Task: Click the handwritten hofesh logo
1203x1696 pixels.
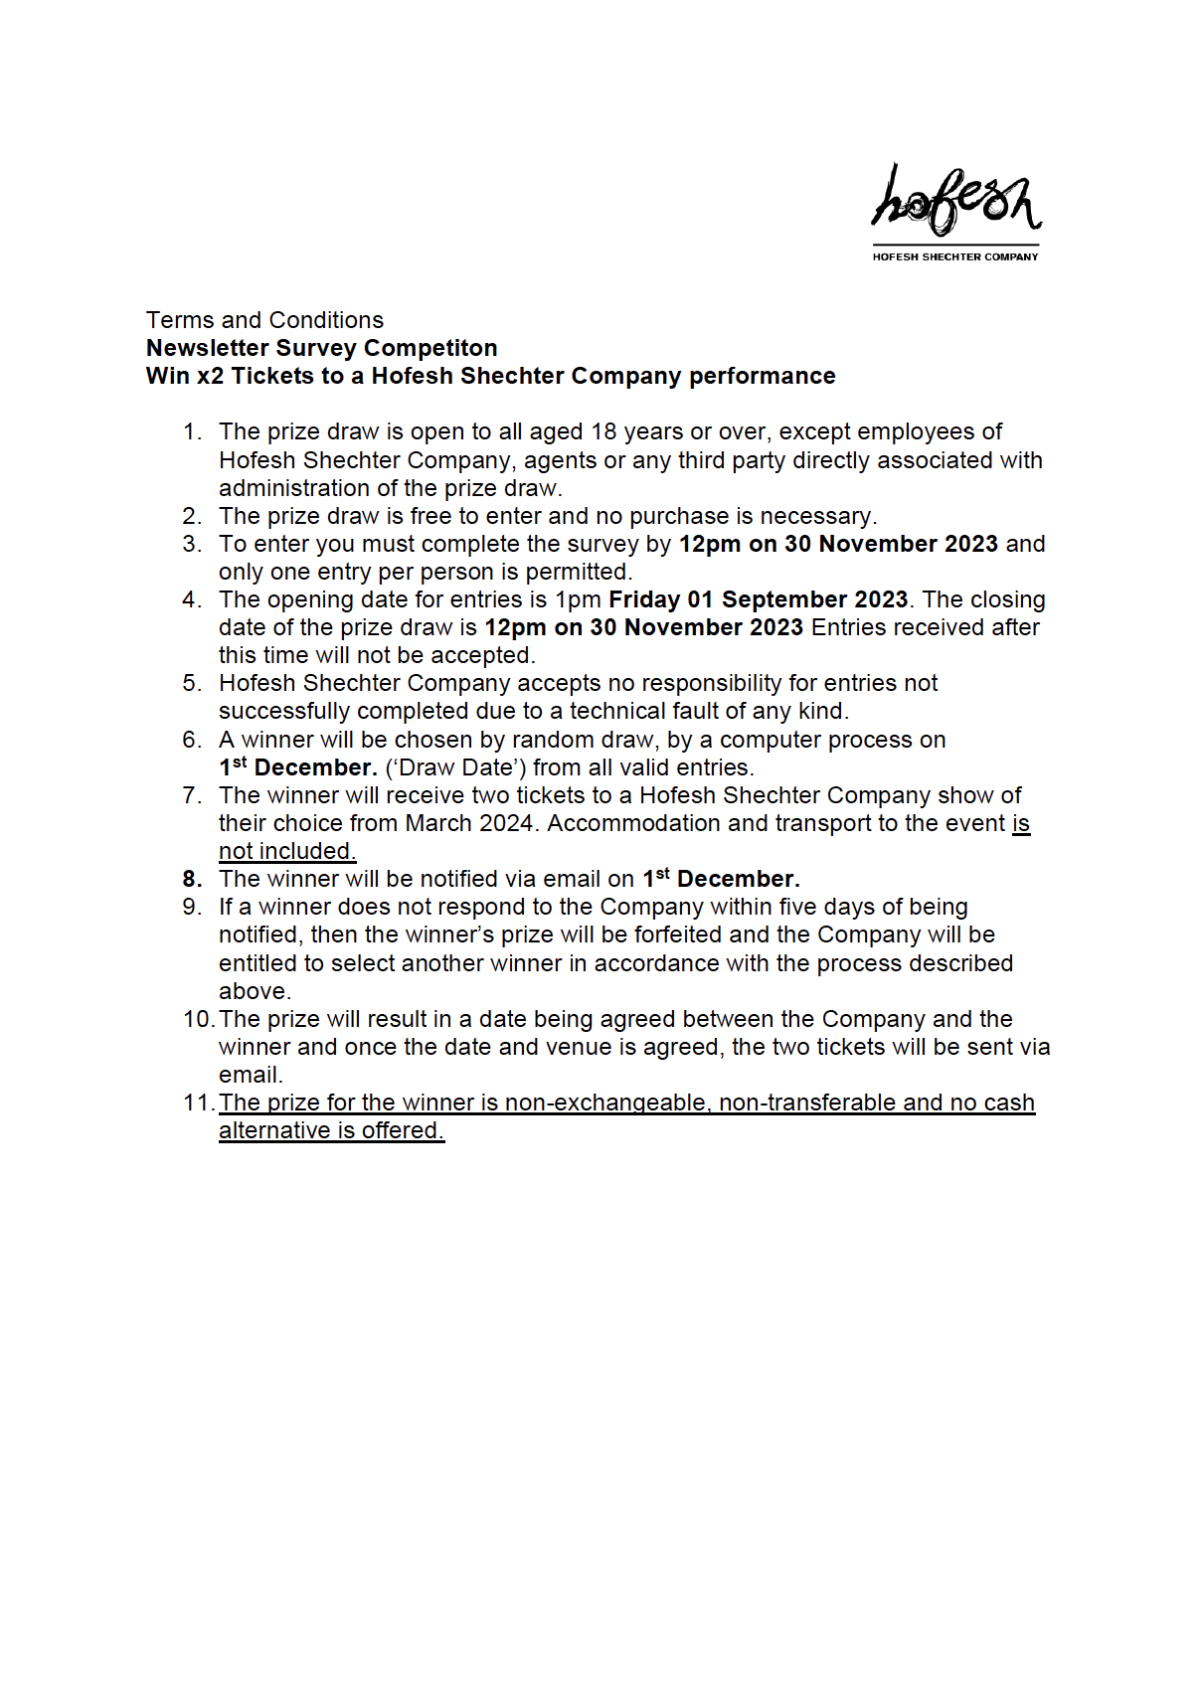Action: click(955, 201)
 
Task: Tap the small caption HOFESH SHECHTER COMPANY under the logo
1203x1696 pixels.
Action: click(955, 256)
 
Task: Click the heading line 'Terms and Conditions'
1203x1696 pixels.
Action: click(264, 320)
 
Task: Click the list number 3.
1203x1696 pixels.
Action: click(192, 544)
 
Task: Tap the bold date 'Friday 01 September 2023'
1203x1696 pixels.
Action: click(758, 599)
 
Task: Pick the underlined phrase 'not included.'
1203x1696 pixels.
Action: click(287, 851)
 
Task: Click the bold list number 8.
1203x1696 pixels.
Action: click(192, 879)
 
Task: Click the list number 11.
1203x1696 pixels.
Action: click(198, 1102)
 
